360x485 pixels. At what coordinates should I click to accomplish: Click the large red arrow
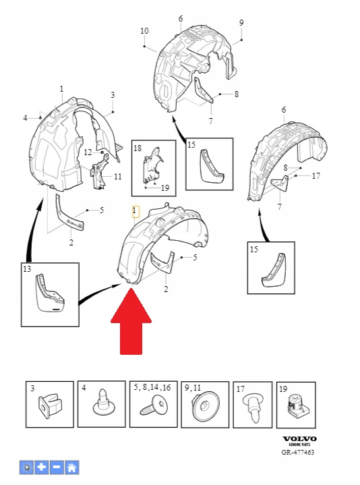131,322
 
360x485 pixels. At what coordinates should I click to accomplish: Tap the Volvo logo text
299,438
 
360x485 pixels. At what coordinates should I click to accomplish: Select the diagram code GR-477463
297,452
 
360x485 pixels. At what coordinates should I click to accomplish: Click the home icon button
71,467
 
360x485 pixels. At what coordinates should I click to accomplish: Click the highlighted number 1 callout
135,212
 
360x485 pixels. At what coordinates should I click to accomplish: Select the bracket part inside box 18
152,166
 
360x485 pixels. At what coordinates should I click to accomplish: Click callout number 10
144,31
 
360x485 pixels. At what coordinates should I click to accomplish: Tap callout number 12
88,152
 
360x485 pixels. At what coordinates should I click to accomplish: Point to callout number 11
118,177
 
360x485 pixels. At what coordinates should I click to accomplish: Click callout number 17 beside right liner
316,176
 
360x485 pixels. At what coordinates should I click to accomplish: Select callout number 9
241,22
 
